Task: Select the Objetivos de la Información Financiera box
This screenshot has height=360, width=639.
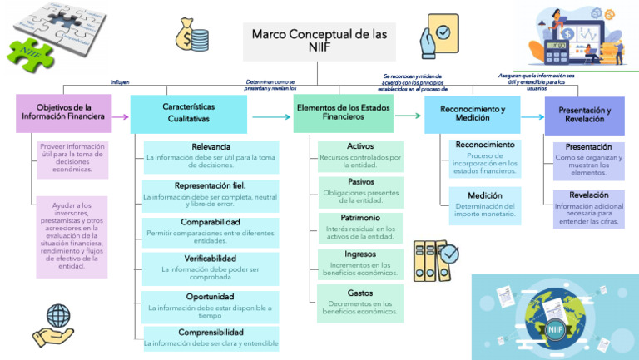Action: pyautogui.click(x=62, y=113)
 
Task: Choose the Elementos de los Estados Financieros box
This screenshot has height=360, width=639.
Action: pyautogui.click(x=343, y=113)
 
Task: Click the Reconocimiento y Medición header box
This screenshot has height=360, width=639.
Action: pyautogui.click(x=472, y=114)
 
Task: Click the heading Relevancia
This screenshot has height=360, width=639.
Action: pyautogui.click(x=211, y=146)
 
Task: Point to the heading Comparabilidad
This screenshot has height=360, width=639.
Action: pyautogui.click(x=211, y=222)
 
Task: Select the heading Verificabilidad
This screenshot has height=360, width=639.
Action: pyautogui.click(x=211, y=259)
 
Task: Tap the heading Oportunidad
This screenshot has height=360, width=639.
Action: pyautogui.click(x=211, y=296)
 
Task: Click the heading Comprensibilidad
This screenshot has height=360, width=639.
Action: pyautogui.click(x=211, y=332)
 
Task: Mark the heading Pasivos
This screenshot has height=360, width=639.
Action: pyautogui.click(x=360, y=181)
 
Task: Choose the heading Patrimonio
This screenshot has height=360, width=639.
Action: pyautogui.click(x=360, y=218)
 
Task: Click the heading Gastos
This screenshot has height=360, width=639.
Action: pyautogui.click(x=360, y=293)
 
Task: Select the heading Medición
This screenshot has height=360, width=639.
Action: pyautogui.click(x=484, y=195)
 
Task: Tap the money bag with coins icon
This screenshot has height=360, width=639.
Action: pyautogui.click(x=191, y=36)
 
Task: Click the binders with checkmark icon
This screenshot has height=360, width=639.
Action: pyautogui.click(x=435, y=259)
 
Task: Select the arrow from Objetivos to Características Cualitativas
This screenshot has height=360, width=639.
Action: pyautogui.click(x=119, y=117)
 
